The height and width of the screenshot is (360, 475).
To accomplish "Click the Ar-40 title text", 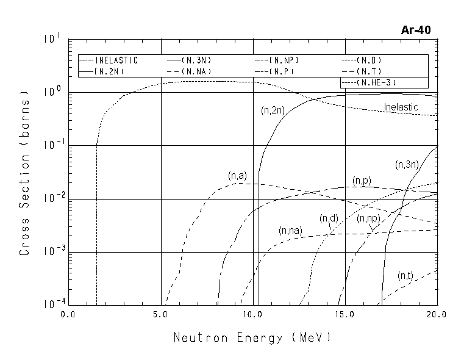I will (416, 29).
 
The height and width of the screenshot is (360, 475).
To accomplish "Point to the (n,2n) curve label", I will (271, 111).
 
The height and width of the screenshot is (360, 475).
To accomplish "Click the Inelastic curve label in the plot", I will (401, 107).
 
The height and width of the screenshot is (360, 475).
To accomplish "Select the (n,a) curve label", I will (237, 176).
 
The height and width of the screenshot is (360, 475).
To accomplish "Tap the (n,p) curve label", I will (362, 181).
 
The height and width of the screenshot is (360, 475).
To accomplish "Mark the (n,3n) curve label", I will (406, 165).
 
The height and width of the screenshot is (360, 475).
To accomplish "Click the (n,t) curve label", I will (405, 276).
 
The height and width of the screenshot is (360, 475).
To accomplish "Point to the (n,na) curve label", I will (291, 231).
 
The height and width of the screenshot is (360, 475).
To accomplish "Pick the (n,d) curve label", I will (329, 218).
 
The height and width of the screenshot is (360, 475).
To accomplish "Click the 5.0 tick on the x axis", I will (161, 314).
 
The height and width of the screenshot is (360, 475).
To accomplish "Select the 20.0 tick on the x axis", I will (437, 314).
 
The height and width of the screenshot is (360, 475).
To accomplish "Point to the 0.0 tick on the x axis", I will (68, 314).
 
